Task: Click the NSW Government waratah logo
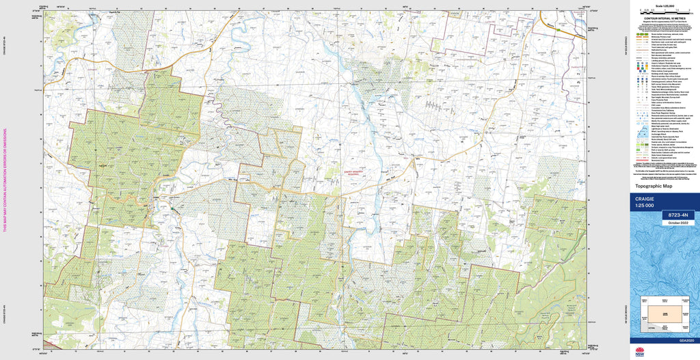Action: click(x=640, y=352)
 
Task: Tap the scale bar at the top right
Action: click(x=662, y=12)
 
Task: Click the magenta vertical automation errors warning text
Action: click(x=5, y=180)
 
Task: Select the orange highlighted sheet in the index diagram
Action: click(x=662, y=314)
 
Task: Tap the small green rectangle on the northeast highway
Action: click(x=558, y=30)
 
